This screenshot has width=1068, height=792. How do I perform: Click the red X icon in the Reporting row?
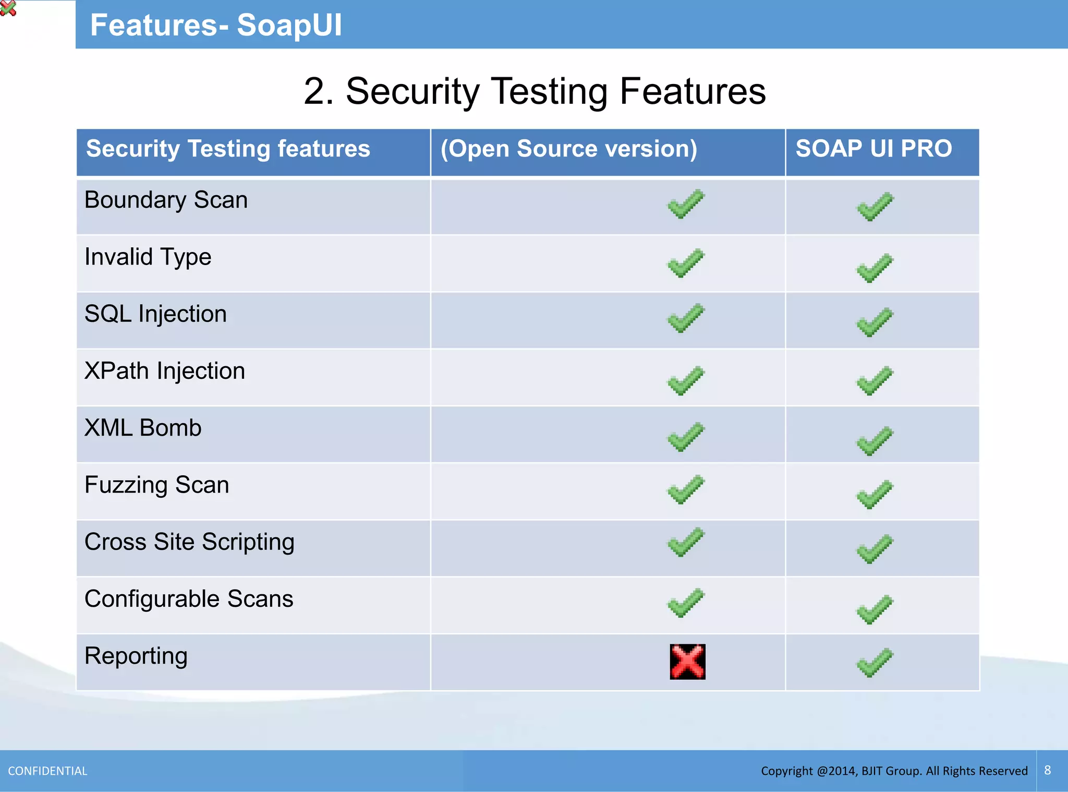(687, 662)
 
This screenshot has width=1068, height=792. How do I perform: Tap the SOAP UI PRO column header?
(873, 149)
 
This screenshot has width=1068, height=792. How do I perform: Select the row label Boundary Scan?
(166, 200)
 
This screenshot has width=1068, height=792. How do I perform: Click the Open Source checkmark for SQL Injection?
(686, 318)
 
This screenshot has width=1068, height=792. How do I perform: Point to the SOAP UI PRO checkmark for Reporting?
(875, 663)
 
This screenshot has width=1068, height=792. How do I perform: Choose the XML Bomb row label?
(143, 428)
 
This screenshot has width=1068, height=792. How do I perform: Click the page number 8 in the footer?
(1047, 770)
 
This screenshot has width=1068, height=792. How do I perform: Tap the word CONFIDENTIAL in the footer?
(47, 771)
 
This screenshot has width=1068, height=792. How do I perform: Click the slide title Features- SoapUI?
(216, 25)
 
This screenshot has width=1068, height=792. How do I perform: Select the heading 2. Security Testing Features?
(535, 91)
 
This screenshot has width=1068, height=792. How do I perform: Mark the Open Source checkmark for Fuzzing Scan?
(686, 489)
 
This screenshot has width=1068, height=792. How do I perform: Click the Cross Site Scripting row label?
(189, 542)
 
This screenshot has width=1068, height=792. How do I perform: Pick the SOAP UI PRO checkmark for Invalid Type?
(875, 268)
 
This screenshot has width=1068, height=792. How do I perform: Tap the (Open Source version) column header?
(568, 149)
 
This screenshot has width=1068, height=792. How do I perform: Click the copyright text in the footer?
(894, 771)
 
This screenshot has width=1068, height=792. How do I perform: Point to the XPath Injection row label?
(165, 371)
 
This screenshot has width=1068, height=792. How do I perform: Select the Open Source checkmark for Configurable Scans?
(686, 603)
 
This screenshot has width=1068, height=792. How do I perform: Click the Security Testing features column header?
(228, 149)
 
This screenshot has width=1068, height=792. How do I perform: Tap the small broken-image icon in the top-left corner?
(8, 8)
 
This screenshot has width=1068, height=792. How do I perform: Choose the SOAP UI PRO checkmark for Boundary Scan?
(875, 207)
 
